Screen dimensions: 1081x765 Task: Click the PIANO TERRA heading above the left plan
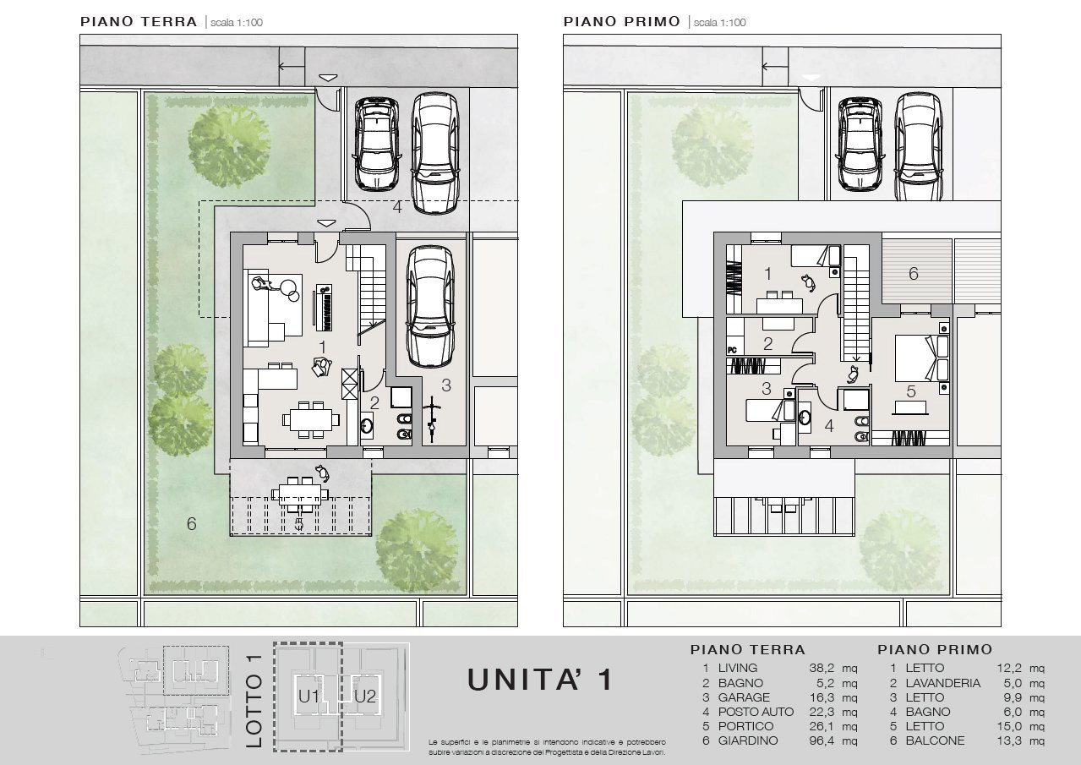point(139,22)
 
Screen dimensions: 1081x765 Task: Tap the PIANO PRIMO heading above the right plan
point(622,22)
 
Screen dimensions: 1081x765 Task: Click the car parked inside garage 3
point(430,307)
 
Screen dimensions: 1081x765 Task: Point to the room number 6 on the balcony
point(913,274)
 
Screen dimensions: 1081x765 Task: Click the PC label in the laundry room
point(732,350)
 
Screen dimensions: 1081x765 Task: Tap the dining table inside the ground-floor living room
point(311,420)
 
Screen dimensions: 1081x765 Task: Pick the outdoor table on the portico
point(300,495)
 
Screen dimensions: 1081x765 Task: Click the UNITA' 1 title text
point(540,680)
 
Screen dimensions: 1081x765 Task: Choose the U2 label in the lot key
point(365,697)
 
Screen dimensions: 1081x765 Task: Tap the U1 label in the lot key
point(308,697)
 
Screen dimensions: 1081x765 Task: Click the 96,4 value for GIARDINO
point(822,740)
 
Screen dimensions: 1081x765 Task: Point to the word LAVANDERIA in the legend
point(942,683)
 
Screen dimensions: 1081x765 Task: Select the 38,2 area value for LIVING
point(822,668)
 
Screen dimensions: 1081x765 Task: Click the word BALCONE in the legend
point(935,740)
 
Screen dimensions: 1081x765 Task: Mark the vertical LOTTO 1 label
point(254,701)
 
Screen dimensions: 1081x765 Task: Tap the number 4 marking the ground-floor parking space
point(396,207)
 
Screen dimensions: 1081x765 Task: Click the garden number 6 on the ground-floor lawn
point(191,524)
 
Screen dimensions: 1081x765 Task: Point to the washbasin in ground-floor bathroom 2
point(367,425)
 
